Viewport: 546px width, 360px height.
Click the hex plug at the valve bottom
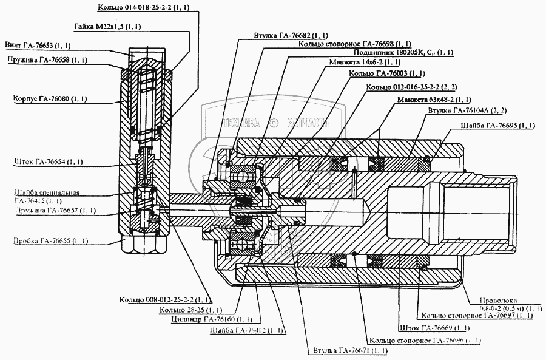[145, 245]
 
